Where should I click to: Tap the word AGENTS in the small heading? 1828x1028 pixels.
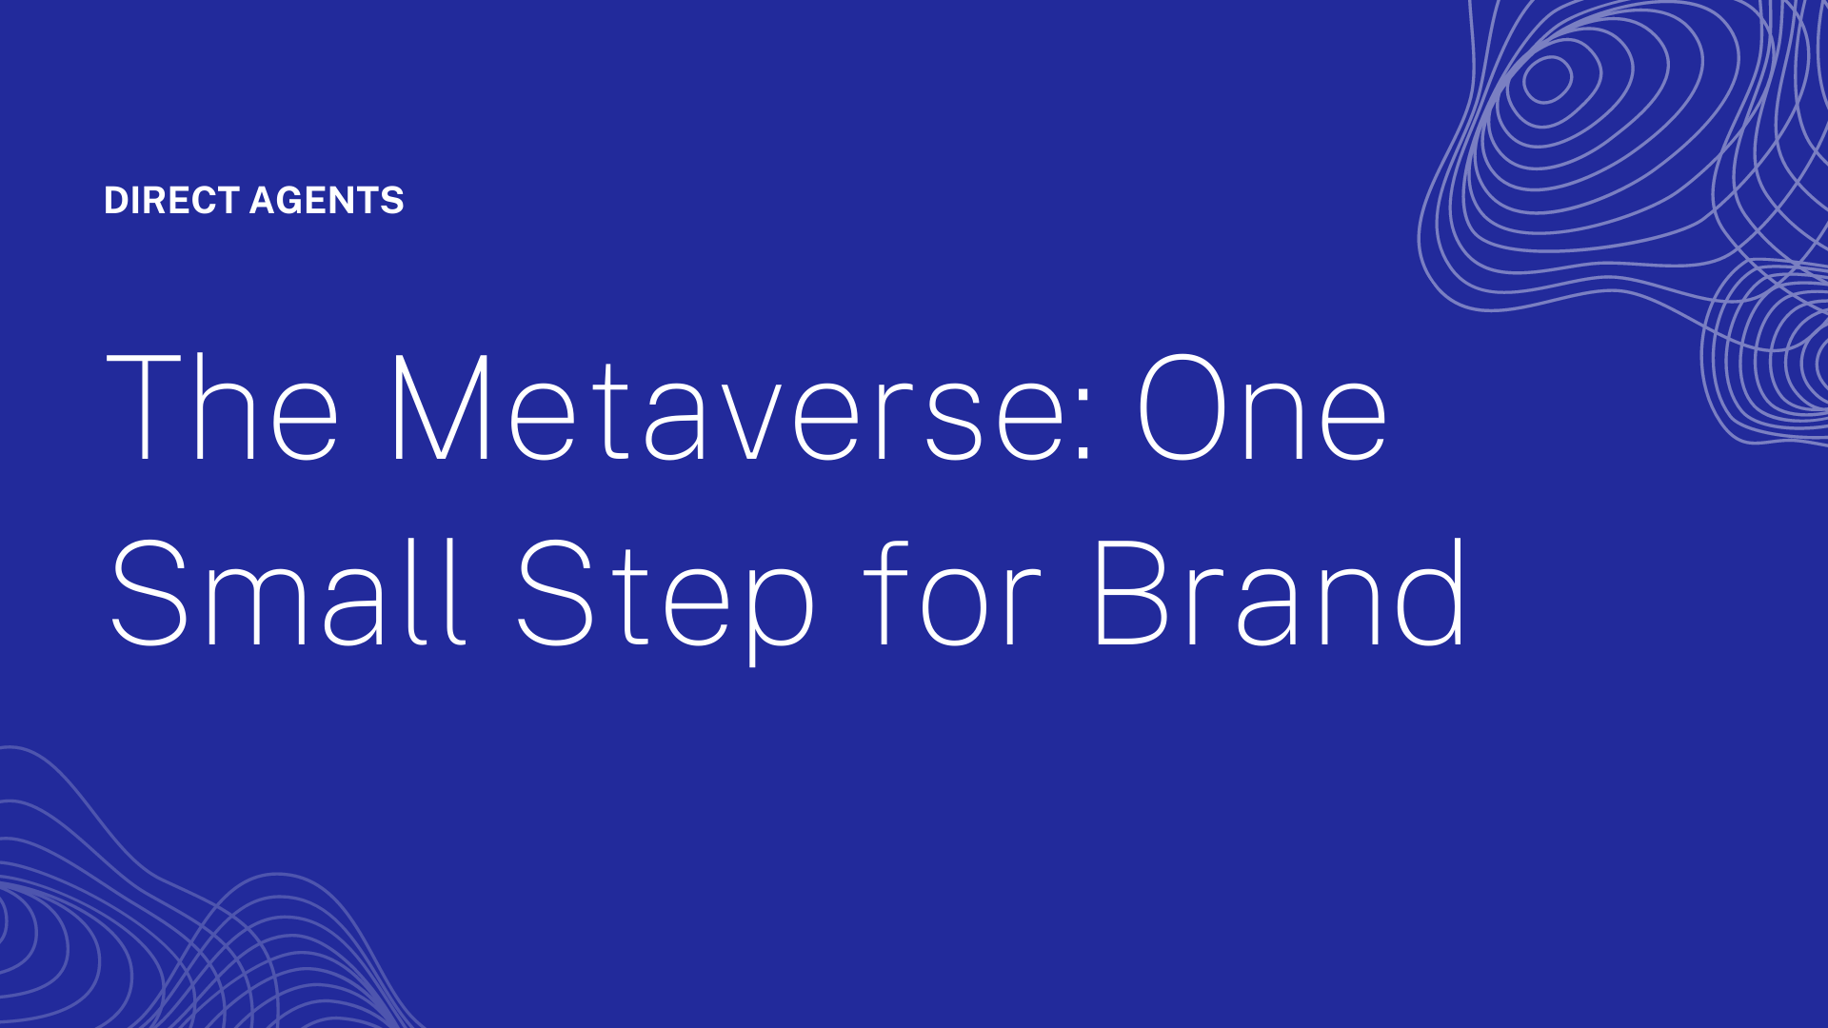point(327,201)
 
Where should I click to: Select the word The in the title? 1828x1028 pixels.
point(222,407)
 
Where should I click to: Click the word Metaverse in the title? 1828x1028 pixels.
point(732,407)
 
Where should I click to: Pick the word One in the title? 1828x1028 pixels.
point(1262,407)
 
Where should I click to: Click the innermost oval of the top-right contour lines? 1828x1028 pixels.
point(1547,79)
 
